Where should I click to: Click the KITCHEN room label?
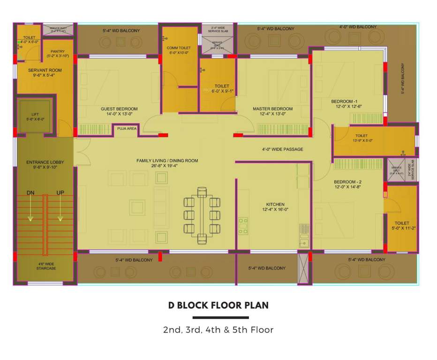tap(275, 204)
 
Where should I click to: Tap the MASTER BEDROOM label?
tap(272, 109)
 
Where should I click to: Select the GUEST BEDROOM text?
tap(119, 109)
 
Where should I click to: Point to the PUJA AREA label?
tap(127, 128)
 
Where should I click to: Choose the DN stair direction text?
tap(30, 193)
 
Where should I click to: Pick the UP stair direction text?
tap(60, 193)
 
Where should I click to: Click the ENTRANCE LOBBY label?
tap(45, 162)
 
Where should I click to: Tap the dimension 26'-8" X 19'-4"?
tap(167, 166)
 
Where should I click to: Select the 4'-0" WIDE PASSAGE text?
tap(282, 150)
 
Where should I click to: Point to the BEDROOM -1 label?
tap(344, 102)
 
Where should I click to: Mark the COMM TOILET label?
tap(178, 48)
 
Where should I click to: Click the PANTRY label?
tap(58, 52)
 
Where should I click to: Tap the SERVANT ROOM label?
tap(45, 70)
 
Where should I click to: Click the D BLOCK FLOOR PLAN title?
tap(218, 305)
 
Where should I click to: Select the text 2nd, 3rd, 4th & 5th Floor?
tap(218, 330)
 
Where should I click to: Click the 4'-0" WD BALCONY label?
tap(358, 27)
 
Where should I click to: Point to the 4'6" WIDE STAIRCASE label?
tap(46, 266)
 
